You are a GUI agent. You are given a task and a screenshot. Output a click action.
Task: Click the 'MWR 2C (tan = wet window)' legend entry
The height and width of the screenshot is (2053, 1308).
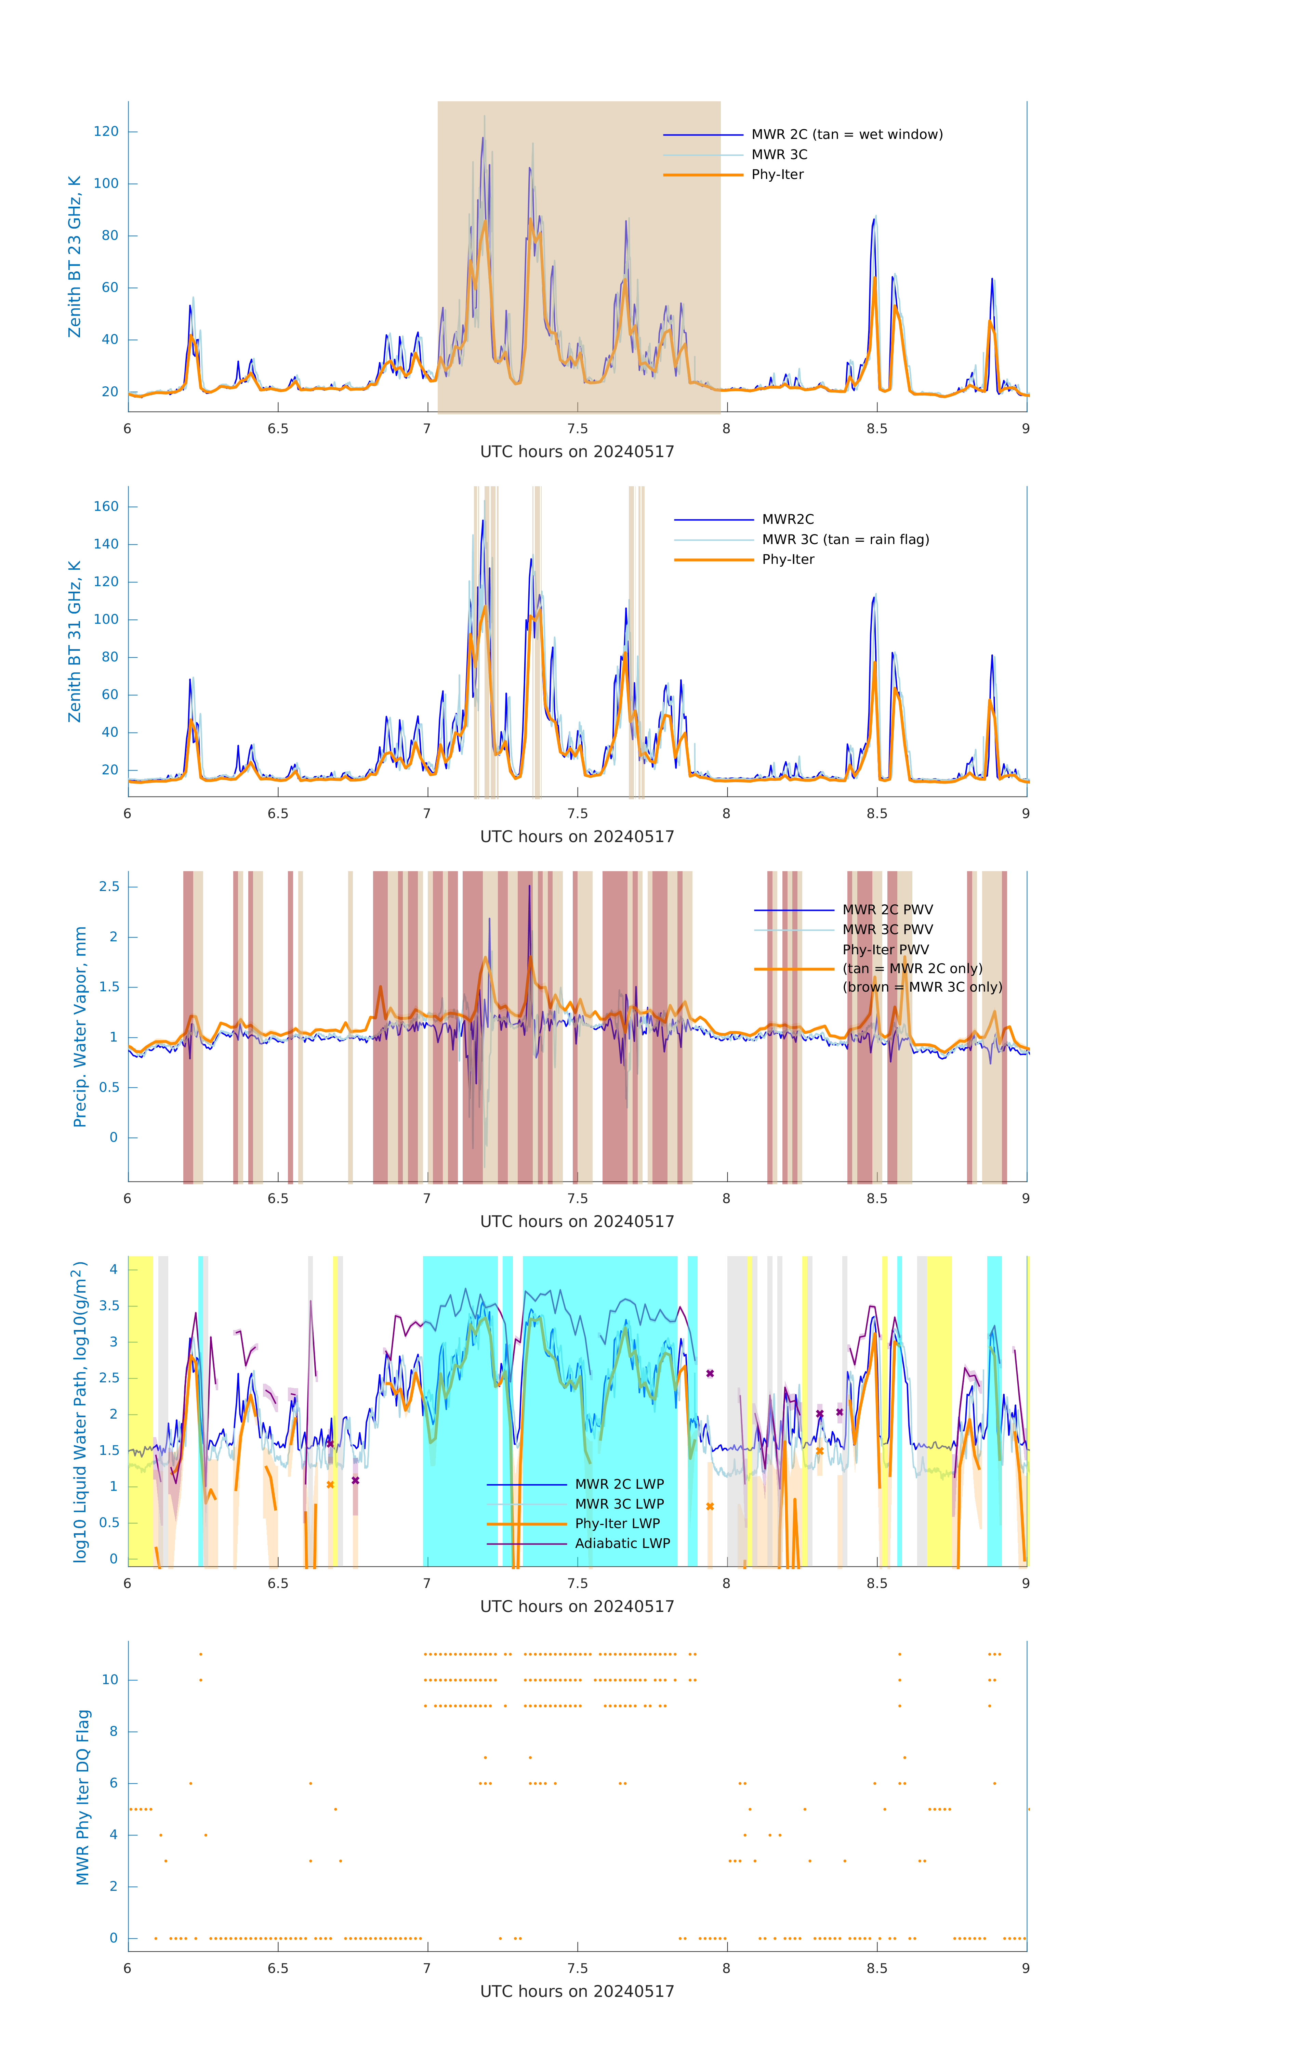[846, 135]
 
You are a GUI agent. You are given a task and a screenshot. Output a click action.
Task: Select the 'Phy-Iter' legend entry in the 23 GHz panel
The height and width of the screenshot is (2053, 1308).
[777, 175]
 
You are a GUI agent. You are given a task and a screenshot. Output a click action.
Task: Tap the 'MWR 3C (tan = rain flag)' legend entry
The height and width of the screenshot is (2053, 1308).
[844, 540]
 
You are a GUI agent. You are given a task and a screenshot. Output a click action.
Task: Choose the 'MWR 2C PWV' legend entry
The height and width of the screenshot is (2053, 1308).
[887, 910]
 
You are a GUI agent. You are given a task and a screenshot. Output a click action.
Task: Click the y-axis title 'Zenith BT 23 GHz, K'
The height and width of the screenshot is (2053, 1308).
[75, 257]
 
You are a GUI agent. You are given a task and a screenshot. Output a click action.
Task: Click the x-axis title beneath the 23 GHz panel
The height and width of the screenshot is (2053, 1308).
[577, 452]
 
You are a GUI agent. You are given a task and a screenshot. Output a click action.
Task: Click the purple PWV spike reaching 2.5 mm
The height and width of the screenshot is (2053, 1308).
[529, 888]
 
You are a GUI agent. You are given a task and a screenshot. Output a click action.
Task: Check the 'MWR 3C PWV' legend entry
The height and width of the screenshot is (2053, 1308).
[887, 929]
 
